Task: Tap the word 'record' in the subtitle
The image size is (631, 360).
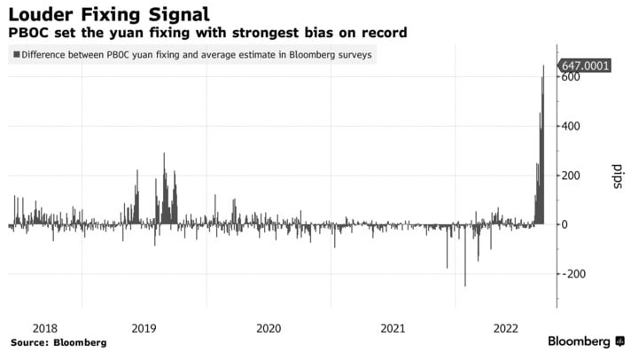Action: pyautogui.click(x=384, y=33)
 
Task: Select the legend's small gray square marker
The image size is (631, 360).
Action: pyautogui.click(x=16, y=55)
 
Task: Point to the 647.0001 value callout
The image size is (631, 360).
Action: pyautogui.click(x=583, y=66)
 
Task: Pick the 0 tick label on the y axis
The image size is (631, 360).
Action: pyautogui.click(x=564, y=224)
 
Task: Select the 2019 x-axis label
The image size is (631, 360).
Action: pyautogui.click(x=144, y=327)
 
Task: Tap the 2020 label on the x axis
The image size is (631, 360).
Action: pyautogui.click(x=269, y=327)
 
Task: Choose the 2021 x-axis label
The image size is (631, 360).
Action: pyautogui.click(x=393, y=327)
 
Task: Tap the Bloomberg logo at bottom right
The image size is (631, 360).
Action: pyautogui.click(x=583, y=341)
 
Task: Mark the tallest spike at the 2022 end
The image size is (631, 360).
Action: pyautogui.click(x=543, y=67)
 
